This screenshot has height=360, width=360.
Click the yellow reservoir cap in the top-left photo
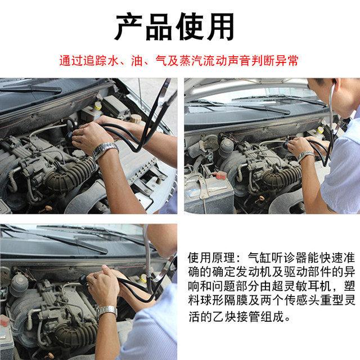point(98,106)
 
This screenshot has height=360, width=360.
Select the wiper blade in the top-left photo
point(34,88)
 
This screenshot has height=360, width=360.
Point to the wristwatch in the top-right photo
point(306,155)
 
